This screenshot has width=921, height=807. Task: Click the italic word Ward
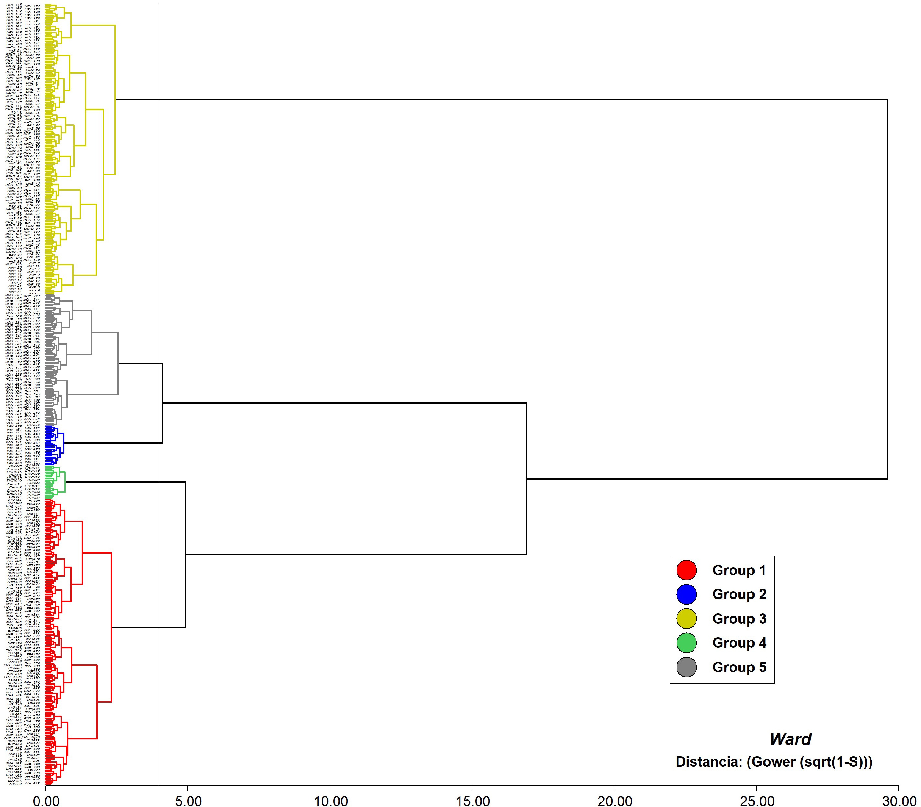pyautogui.click(x=790, y=739)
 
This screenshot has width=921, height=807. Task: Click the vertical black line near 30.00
pyautogui.click(x=887, y=288)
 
